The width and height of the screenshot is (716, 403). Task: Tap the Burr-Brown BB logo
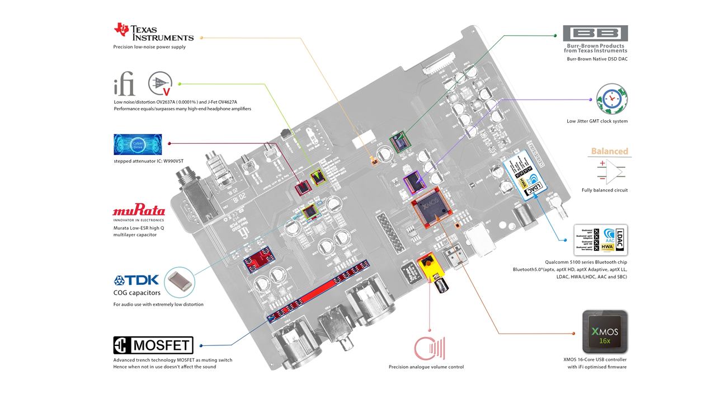tap(595, 33)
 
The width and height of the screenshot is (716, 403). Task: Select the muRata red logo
tap(139, 211)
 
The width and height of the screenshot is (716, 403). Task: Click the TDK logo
tap(136, 280)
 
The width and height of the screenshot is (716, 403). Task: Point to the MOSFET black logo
tap(153, 345)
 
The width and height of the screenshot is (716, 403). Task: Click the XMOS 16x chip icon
tap(605, 332)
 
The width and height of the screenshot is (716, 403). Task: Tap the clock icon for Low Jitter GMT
tap(611, 99)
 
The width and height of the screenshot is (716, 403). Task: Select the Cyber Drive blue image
tap(138, 144)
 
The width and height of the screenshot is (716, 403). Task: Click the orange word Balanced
tap(609, 151)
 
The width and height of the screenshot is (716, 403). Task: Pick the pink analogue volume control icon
tap(429, 348)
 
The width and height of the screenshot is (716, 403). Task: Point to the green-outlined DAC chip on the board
tap(398, 142)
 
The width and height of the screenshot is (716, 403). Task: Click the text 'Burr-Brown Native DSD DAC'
tap(597, 59)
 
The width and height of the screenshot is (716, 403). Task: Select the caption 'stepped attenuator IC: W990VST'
tap(148, 161)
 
